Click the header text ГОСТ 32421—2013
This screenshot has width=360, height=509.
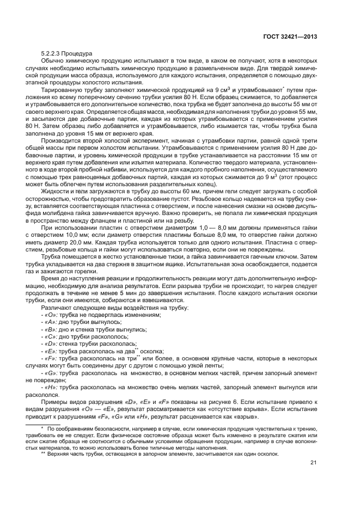290,38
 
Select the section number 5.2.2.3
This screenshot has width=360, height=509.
51,54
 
